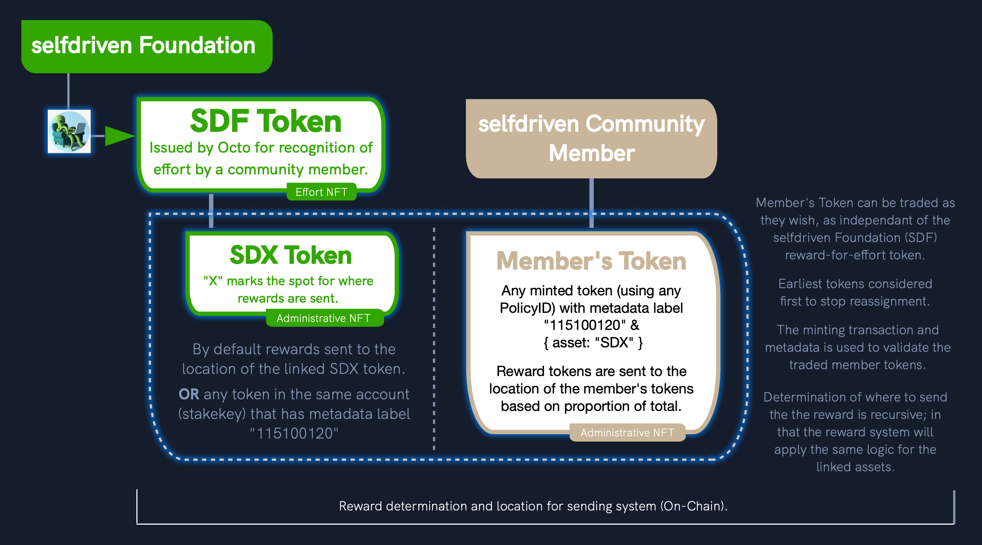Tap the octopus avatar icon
click(69, 132)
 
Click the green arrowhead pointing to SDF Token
click(119, 136)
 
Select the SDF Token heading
click(266, 121)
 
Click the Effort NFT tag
click(322, 192)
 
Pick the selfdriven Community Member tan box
click(591, 139)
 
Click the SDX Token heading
click(291, 255)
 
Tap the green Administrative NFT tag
click(324, 318)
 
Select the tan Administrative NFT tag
click(627, 433)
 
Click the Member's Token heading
click(591, 261)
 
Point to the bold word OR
click(189, 395)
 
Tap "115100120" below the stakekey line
click(294, 433)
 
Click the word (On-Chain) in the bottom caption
click(694, 506)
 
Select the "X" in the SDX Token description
click(213, 281)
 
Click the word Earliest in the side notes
click(800, 284)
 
